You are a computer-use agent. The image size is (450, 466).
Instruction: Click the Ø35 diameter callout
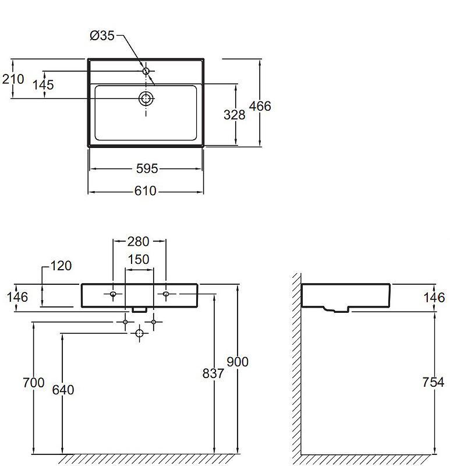point(102,36)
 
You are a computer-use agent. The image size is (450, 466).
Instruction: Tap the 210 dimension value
point(13,79)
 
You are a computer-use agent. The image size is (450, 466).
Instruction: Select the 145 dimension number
point(43,84)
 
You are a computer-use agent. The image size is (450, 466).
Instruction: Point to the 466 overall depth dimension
point(260,106)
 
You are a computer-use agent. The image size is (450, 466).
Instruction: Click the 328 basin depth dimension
point(235,115)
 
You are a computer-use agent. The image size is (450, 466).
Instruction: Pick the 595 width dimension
point(147,168)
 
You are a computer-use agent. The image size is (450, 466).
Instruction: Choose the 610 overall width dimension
point(146,191)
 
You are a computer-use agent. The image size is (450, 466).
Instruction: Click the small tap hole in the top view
point(146,71)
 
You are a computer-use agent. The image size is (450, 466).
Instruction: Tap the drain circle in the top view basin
point(146,98)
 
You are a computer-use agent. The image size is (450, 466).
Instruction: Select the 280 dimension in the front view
point(138,241)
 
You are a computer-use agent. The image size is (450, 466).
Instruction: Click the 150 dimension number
point(139,259)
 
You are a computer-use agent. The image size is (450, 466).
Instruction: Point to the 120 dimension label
point(61,266)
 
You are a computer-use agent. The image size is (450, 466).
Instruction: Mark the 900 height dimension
point(238,362)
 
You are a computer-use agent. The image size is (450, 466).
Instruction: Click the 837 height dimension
point(213,373)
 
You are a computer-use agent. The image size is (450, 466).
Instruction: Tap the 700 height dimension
point(34,383)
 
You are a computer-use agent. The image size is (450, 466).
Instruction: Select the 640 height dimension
point(63,390)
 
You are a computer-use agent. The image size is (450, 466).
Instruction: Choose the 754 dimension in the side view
point(433,382)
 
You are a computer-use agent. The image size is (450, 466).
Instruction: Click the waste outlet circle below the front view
point(139,333)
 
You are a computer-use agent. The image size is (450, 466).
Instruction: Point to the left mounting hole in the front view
point(113,294)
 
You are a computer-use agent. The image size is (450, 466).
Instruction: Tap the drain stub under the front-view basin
point(139,310)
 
